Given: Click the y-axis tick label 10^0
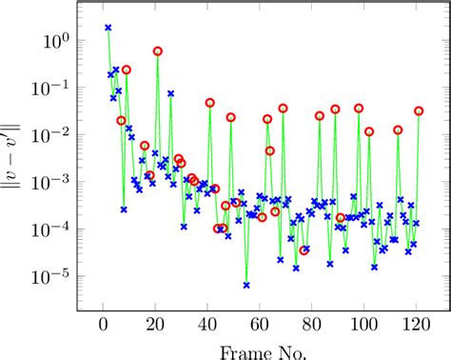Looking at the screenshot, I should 53,42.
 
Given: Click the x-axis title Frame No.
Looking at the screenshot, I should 260,351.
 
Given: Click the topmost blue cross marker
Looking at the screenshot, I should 108,29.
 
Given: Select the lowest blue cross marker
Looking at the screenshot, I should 246,285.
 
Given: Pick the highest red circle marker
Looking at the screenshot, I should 158,50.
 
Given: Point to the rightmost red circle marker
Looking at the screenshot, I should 419,111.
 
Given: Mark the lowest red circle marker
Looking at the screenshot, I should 304,250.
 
